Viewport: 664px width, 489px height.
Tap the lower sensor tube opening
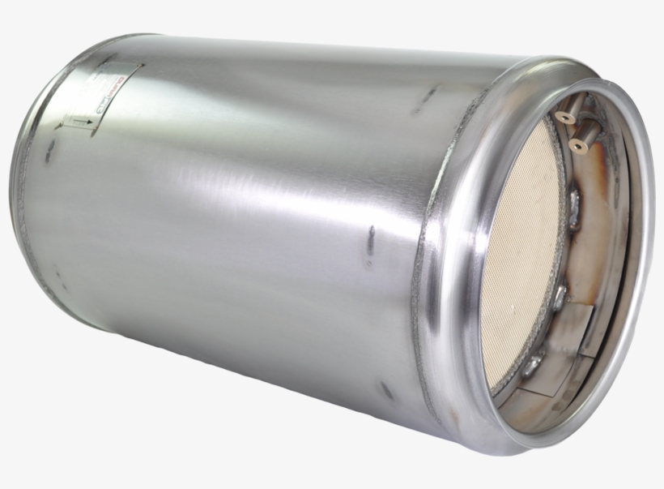577,144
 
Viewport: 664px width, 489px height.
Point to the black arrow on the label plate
79,122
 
